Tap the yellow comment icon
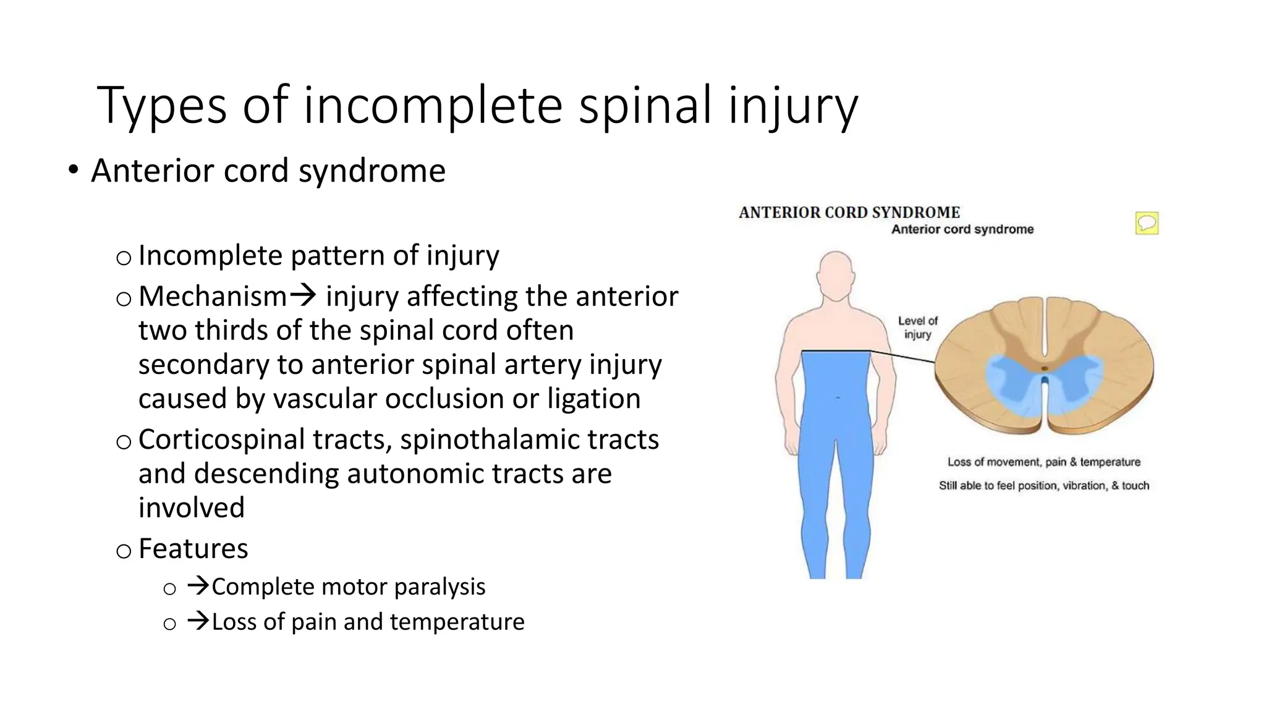click(1147, 223)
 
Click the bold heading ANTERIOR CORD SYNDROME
click(849, 213)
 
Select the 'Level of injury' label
click(917, 328)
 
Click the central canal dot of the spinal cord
click(1045, 369)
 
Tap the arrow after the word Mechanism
click(303, 296)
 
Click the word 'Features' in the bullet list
click(193, 548)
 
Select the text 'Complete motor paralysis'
click(348, 587)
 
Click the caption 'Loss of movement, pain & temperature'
click(1043, 462)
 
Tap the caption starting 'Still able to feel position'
click(1043, 486)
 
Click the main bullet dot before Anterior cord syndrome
click(74, 170)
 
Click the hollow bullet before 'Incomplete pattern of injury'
click(124, 258)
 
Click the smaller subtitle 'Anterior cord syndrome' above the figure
click(962, 229)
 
